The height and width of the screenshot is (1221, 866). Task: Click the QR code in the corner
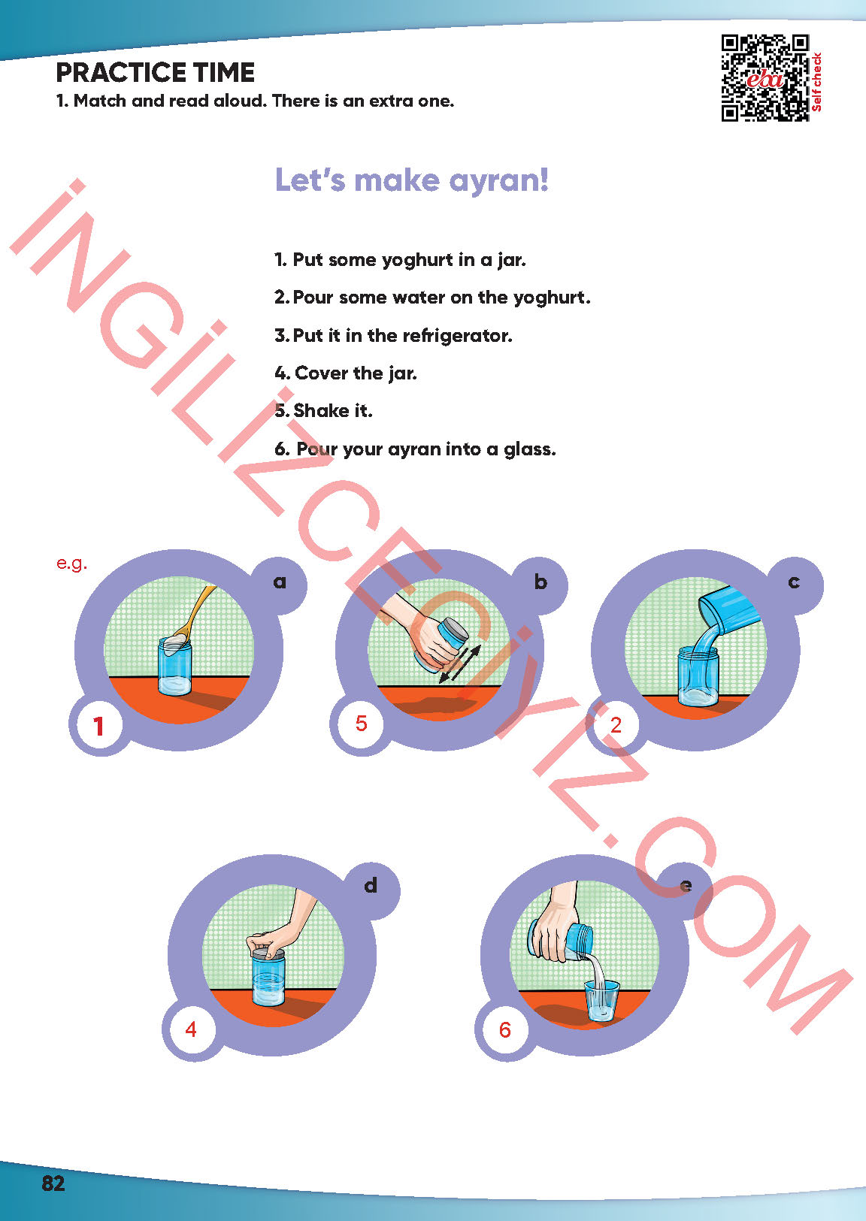pos(765,78)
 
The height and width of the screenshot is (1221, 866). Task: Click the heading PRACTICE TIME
pos(155,73)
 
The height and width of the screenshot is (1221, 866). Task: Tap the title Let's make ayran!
pos(412,180)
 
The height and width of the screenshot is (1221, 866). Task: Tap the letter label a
pos(280,582)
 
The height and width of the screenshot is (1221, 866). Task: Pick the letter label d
pos(370,885)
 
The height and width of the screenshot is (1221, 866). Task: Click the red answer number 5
pos(361,724)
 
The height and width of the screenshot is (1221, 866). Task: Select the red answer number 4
pos(191,1029)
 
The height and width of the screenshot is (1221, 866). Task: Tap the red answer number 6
pos(504,1029)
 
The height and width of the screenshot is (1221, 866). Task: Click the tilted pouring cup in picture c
pos(729,608)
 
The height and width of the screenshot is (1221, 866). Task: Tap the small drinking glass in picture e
pos(602,1000)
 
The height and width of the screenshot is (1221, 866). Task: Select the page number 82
pos(53,1184)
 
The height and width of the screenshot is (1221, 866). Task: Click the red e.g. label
pos(72,563)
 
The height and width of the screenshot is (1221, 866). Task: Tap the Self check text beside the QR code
pos(816,81)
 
